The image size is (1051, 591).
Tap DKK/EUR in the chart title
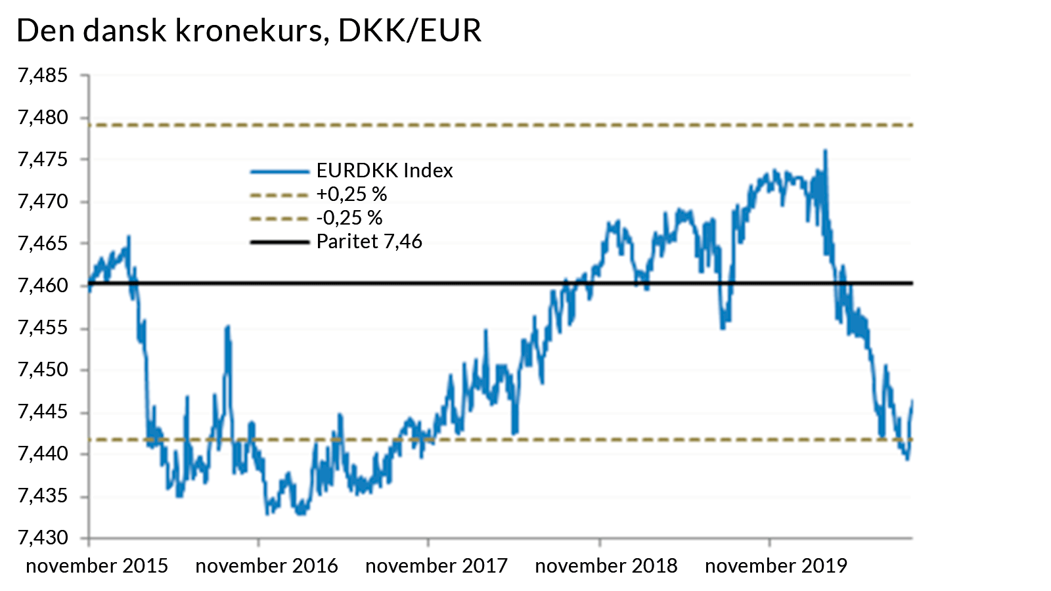pos(409,31)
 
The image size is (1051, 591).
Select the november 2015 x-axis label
pos(97,566)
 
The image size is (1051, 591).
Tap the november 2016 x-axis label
pos(267,566)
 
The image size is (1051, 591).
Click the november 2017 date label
pos(437,566)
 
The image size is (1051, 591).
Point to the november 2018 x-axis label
pos(606,566)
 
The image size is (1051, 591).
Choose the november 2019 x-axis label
pos(776,566)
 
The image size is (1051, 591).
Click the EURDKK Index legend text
pos(384,171)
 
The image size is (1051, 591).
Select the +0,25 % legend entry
pos(351,194)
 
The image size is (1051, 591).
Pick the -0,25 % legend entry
pos(349,218)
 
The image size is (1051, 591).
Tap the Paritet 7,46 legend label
pos(369,242)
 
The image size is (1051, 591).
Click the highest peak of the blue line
pos(825,151)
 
